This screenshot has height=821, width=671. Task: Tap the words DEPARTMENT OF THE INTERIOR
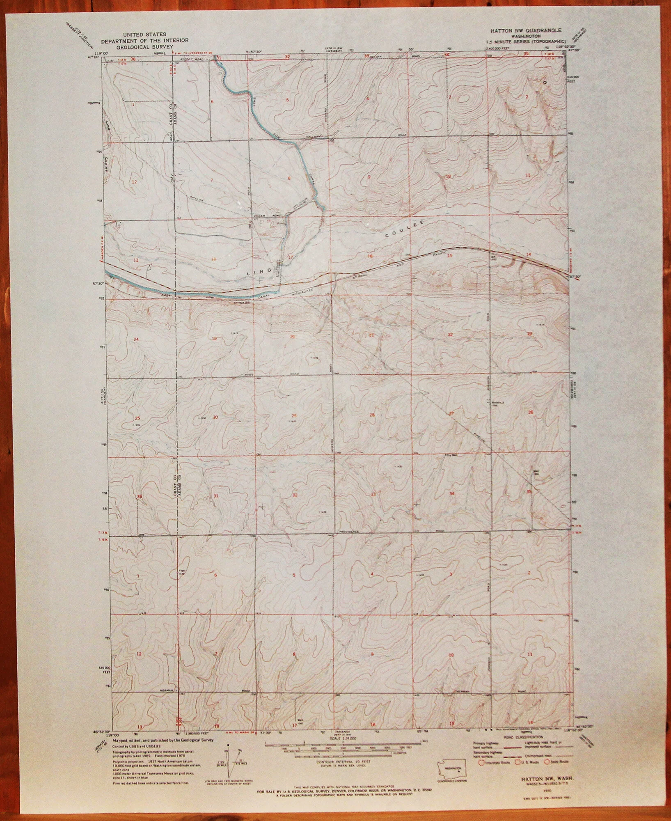(145, 41)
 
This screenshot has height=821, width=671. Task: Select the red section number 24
(137, 339)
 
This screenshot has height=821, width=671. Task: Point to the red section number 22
(450, 335)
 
